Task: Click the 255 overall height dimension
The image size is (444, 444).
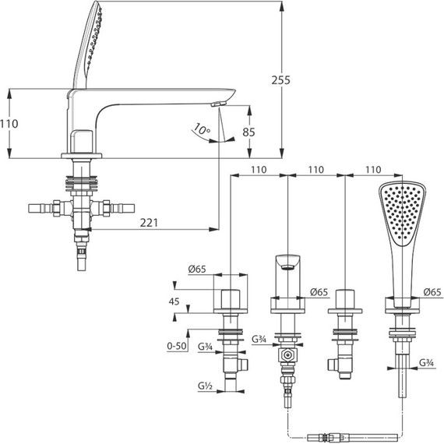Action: pyautogui.click(x=280, y=80)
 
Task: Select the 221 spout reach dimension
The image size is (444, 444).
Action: pyautogui.click(x=149, y=223)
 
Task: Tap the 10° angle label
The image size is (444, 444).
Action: pyautogui.click(x=203, y=129)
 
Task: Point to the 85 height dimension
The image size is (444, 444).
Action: pyautogui.click(x=249, y=132)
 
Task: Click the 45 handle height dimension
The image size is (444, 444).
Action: pyautogui.click(x=174, y=301)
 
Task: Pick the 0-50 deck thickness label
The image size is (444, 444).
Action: pyautogui.click(x=177, y=346)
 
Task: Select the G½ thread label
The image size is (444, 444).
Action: pyautogui.click(x=206, y=386)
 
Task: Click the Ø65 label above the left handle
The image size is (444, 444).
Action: pyautogui.click(x=197, y=269)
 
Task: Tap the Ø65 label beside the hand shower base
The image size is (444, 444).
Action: pyautogui.click(x=432, y=292)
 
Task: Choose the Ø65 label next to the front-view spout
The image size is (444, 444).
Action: pyautogui.click(x=319, y=292)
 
